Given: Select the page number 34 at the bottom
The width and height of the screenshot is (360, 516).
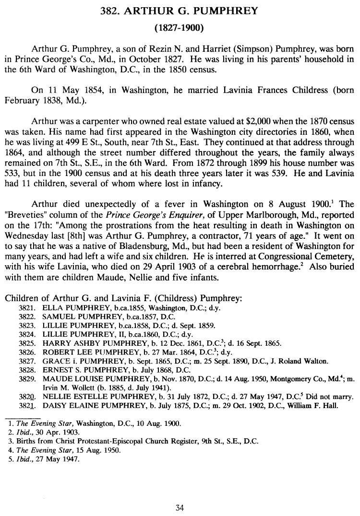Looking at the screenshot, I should (180, 508).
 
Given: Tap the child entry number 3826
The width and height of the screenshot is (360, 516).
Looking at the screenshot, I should (27, 352).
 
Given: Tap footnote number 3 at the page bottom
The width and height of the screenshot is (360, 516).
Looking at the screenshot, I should (10, 440).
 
